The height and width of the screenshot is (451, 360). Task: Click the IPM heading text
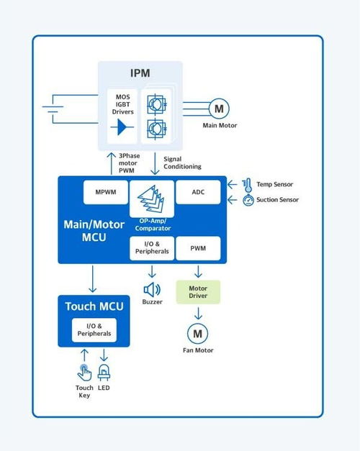140,73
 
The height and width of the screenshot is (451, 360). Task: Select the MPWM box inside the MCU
106,192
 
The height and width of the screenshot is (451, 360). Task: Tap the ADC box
198,192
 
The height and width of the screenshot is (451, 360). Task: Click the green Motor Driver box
198,292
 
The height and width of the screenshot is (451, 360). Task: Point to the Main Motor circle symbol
219,109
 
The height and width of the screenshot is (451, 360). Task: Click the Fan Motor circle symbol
197,334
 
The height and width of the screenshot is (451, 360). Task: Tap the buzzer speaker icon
152,290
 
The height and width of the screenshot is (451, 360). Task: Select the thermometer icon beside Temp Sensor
247,186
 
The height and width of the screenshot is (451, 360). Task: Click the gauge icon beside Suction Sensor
248,200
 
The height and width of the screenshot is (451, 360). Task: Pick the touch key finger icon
84,373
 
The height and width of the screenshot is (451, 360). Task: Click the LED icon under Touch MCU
104,372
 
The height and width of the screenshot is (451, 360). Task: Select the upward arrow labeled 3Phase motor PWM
111,163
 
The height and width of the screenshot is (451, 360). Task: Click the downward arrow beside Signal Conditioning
155,163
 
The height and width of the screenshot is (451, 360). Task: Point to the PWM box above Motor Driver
198,248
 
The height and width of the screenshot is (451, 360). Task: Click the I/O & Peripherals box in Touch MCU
94,330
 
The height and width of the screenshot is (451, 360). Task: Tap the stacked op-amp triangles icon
151,199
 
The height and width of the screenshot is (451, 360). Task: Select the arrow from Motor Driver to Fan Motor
198,314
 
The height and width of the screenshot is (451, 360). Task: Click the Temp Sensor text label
275,184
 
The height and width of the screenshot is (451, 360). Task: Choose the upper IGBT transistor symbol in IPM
156,104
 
